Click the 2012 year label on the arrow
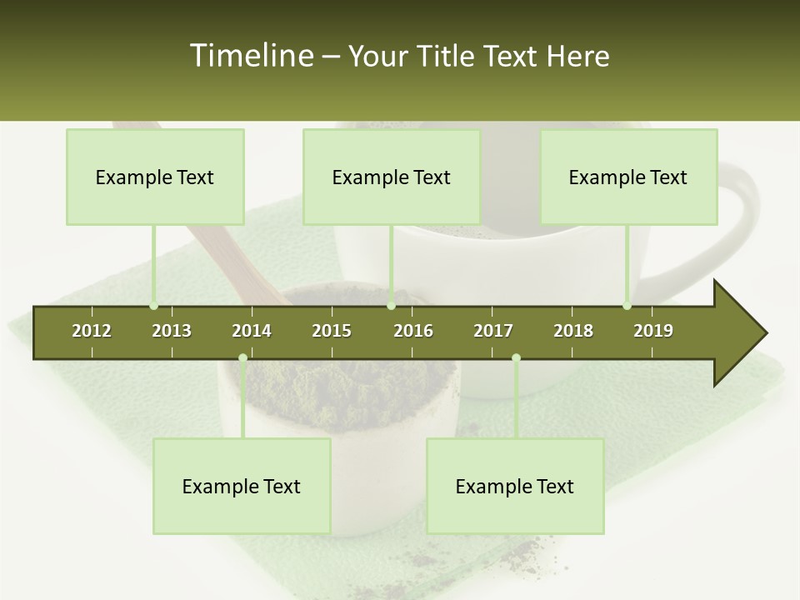(92, 331)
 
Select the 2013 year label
(172, 331)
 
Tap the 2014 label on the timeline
(252, 331)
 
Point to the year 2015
(332, 331)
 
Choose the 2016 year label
(413, 331)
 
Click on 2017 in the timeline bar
(493, 331)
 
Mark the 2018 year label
(573, 331)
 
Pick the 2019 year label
(653, 331)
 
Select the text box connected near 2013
(155, 177)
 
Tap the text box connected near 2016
(392, 177)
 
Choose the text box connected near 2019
(628, 177)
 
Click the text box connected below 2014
(242, 486)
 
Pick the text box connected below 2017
(515, 486)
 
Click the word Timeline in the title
(251, 56)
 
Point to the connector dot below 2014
(242, 358)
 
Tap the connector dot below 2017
(516, 358)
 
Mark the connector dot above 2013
(153, 306)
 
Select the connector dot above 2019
(627, 306)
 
